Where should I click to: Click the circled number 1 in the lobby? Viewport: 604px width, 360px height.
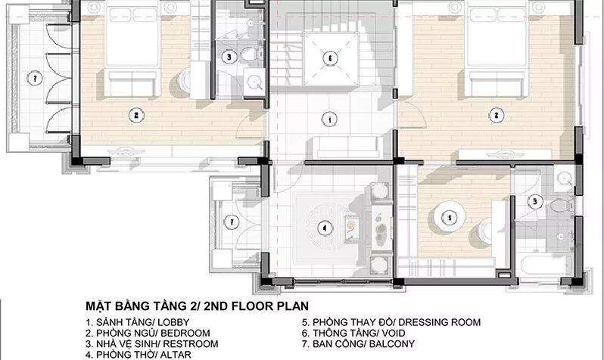pos(330,119)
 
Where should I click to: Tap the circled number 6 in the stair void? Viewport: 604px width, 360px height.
pos(330,58)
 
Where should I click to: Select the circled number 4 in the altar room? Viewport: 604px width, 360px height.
pos(325,228)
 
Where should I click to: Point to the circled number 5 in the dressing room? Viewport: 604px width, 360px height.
pos(449,219)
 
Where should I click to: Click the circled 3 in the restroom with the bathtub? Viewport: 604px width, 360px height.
pos(535,201)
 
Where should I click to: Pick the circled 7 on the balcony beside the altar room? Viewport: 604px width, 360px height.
pos(232,222)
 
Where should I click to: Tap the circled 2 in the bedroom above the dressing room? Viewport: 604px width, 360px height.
pos(497,115)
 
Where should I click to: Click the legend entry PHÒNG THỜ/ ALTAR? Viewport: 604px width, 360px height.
pos(139,355)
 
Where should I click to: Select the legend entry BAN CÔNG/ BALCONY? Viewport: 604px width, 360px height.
pos(358,344)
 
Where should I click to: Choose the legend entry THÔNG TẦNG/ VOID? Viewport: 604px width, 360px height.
pos(353,333)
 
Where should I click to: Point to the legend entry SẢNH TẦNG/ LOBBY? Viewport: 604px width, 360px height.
pos(138,322)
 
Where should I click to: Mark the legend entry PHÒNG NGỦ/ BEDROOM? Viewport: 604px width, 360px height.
pos(148,333)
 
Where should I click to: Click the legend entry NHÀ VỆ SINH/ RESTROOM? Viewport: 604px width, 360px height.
pos(152,344)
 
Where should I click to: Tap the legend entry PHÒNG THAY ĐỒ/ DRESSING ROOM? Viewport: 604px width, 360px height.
pos(391,322)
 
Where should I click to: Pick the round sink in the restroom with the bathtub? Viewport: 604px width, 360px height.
pos(565,179)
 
